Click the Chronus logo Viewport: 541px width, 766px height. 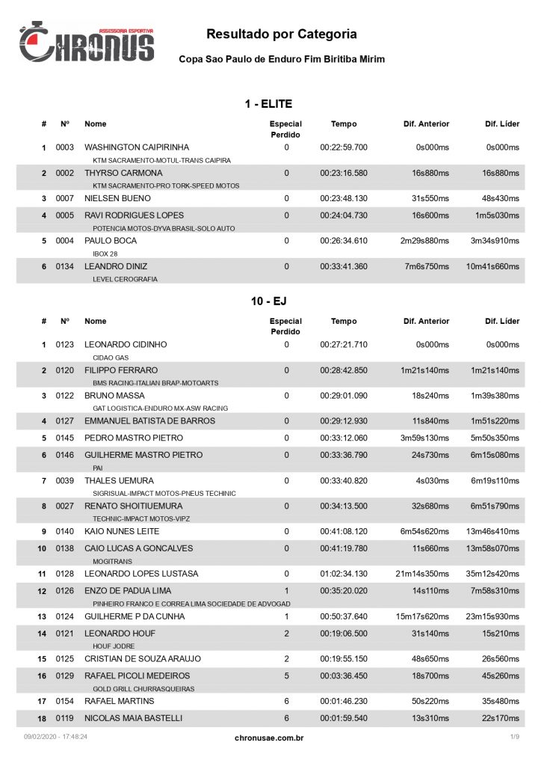click(x=87, y=43)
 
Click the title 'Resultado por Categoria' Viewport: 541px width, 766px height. click(x=281, y=34)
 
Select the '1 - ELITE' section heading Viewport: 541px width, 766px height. click(x=268, y=104)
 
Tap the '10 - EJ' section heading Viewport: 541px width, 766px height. click(x=268, y=301)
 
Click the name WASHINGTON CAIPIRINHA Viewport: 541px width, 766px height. click(x=137, y=147)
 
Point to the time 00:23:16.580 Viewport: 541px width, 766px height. click(x=344, y=173)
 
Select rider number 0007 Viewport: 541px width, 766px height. click(x=65, y=198)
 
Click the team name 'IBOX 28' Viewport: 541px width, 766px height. click(x=105, y=254)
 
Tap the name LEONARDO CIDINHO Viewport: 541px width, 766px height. click(x=126, y=345)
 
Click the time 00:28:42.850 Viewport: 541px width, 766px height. click(x=344, y=370)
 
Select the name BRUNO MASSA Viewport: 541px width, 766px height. click(x=114, y=395)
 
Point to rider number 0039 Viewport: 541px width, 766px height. click(x=65, y=480)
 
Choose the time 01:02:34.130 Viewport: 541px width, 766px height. click(x=344, y=574)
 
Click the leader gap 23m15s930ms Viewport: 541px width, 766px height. click(x=492, y=616)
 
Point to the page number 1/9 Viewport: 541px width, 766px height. click(x=515, y=738)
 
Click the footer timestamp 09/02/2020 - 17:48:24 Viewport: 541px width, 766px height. click(x=56, y=738)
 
